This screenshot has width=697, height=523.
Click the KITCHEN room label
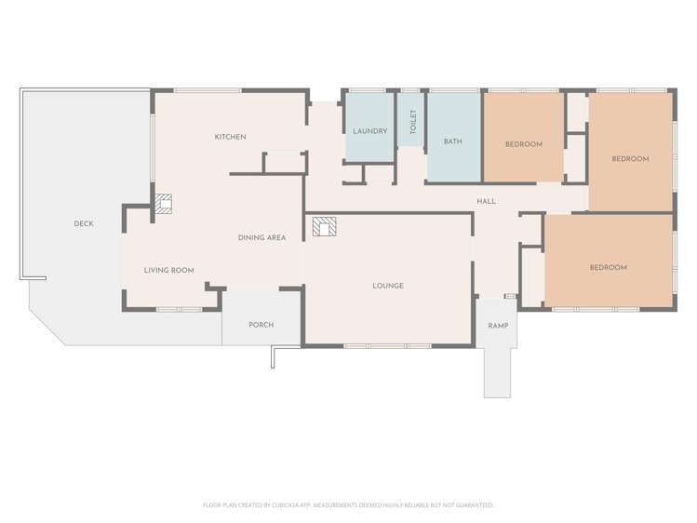[230, 138]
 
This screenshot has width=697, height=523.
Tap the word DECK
[84, 223]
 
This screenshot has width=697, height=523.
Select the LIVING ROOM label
[168, 270]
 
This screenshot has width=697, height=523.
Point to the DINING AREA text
[261, 238]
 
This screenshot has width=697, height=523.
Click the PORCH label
[261, 325]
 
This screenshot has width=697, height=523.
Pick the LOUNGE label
[388, 286]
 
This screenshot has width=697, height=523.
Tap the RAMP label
[497, 326]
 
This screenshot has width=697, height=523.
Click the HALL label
[486, 201]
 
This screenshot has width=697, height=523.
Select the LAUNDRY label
[369, 131]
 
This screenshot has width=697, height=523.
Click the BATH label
[453, 142]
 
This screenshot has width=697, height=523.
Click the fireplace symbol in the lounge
[325, 227]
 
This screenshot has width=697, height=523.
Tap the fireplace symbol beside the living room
[164, 204]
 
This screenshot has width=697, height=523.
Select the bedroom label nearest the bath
[523, 144]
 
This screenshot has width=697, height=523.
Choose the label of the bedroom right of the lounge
[608, 268]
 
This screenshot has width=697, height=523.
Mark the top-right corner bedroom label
[630, 159]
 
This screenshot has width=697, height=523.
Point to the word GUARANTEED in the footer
[472, 505]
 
